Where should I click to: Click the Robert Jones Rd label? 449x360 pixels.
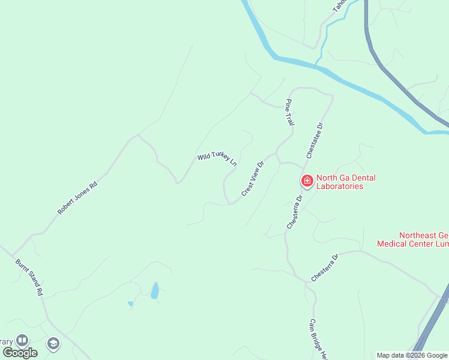[x=77, y=198]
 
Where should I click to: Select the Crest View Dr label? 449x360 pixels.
[x=253, y=178]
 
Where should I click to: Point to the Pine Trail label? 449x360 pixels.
[x=291, y=112]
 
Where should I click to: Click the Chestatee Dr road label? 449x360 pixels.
[x=315, y=140]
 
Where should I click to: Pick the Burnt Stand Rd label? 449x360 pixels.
[x=29, y=277]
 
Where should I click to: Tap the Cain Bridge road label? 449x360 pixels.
[x=318, y=339]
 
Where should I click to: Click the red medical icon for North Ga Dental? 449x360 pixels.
[x=307, y=181]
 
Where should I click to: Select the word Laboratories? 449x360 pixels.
[x=340, y=186]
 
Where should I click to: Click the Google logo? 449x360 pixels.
[x=20, y=353]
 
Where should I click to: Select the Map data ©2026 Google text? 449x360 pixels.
[x=412, y=355]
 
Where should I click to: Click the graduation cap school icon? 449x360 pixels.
[x=53, y=343]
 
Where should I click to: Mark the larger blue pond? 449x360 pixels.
[x=155, y=291]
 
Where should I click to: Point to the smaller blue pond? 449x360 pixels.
[x=130, y=304]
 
